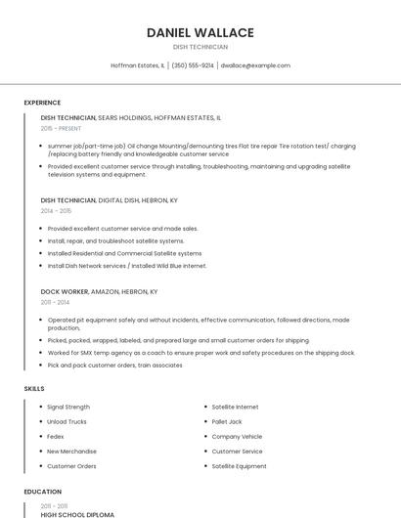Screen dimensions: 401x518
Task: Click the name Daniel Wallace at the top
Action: pyautogui.click(x=200, y=32)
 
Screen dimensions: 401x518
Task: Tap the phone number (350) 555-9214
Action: pyautogui.click(x=193, y=65)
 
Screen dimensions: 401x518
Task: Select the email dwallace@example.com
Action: pyautogui.click(x=255, y=65)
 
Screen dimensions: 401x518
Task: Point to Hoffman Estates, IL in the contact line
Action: pyautogui.click(x=138, y=65)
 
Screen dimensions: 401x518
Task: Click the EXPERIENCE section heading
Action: pyautogui.click(x=42, y=103)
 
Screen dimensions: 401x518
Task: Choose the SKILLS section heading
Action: pyautogui.click(x=34, y=389)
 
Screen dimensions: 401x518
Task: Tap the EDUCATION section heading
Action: pyautogui.click(x=43, y=492)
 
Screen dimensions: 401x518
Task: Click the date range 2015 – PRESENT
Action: pyautogui.click(x=61, y=128)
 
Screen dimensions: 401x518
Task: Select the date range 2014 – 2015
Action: pyautogui.click(x=56, y=210)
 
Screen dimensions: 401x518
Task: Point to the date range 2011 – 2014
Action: pyautogui.click(x=55, y=302)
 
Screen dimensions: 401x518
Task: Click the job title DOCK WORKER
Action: pyautogui.click(x=65, y=291)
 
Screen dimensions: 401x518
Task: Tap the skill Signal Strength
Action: pyautogui.click(x=68, y=407)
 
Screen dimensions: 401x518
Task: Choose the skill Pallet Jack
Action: pyautogui.click(x=226, y=421)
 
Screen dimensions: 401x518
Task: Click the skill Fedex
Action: pyautogui.click(x=56, y=436)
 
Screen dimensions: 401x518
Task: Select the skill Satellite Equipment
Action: pyautogui.click(x=239, y=466)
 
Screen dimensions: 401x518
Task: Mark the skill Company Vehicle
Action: pyautogui.click(x=237, y=436)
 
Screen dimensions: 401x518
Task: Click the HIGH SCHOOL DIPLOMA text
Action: pyautogui.click(x=77, y=514)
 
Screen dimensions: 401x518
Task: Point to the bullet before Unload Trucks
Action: pyautogui.click(x=38, y=421)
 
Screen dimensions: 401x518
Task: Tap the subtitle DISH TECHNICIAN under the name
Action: pyautogui.click(x=200, y=47)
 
